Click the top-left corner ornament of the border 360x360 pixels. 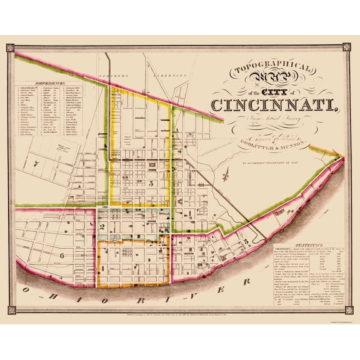(9, 47)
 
